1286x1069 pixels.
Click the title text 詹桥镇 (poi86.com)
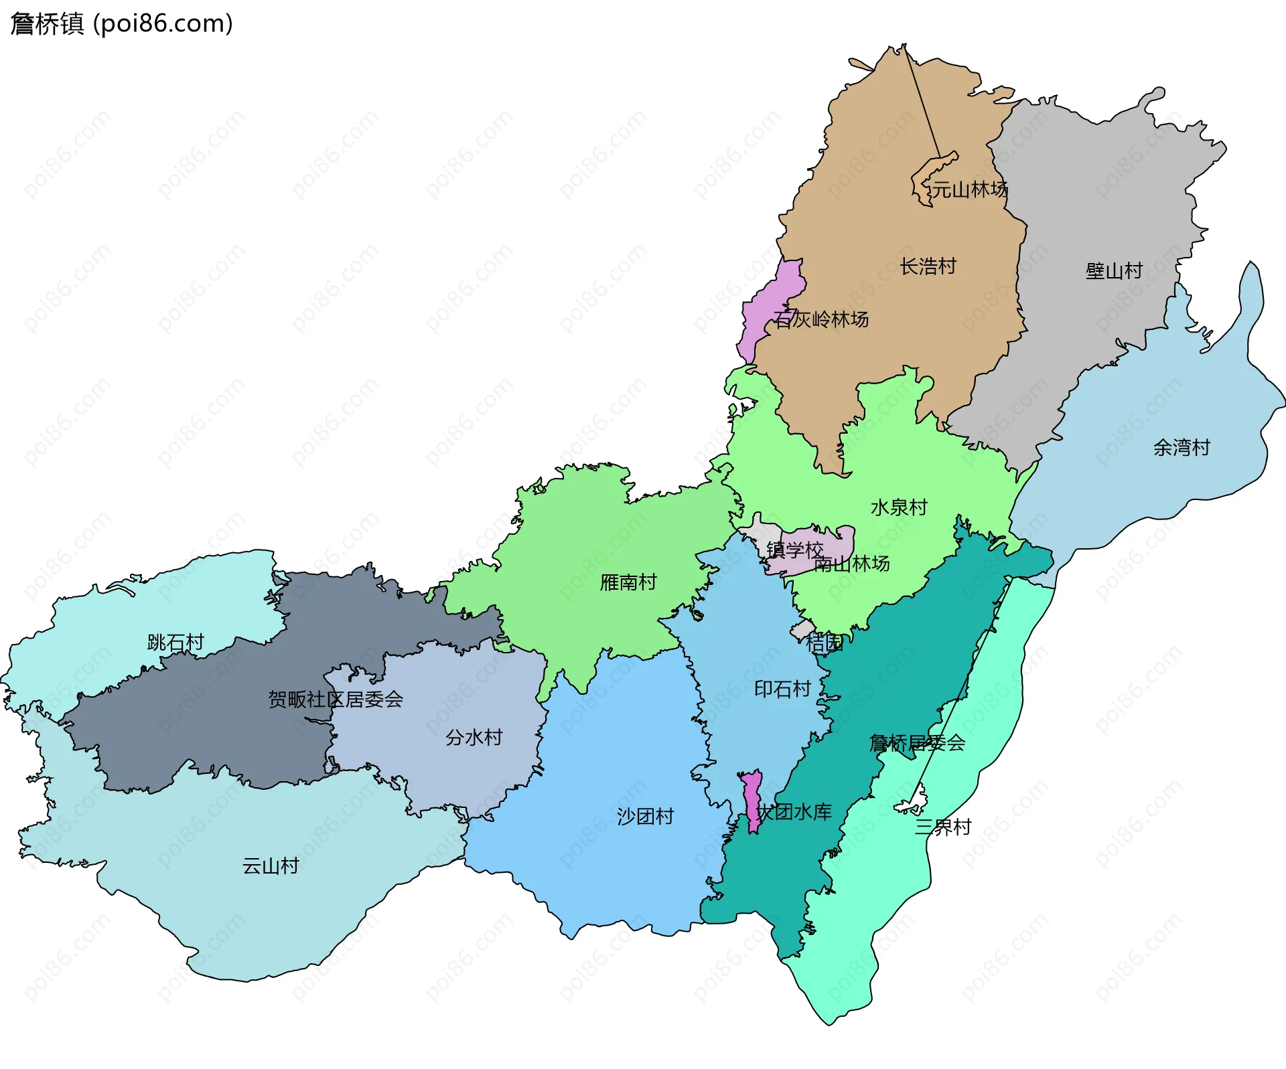coord(121,24)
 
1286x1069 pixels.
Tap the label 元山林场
coord(969,189)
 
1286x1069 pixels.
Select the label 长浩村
coord(928,266)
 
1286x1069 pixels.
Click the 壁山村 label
coord(1114,271)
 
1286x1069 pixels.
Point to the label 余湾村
coord(1182,447)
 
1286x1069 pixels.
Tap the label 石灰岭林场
coord(821,319)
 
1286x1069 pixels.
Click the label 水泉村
coord(899,507)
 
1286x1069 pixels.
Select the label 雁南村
coord(628,582)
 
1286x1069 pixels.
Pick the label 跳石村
coord(175,643)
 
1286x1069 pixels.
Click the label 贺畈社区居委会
coord(336,700)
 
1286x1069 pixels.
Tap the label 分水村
coord(474,738)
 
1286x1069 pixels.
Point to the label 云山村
coord(271,866)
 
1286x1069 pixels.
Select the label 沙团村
coord(645,817)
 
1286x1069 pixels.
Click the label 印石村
coord(782,689)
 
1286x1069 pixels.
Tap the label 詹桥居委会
coord(917,743)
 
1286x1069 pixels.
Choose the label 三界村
coord(943,827)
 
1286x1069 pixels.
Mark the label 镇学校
coord(795,550)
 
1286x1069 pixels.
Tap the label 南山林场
coord(852,564)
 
